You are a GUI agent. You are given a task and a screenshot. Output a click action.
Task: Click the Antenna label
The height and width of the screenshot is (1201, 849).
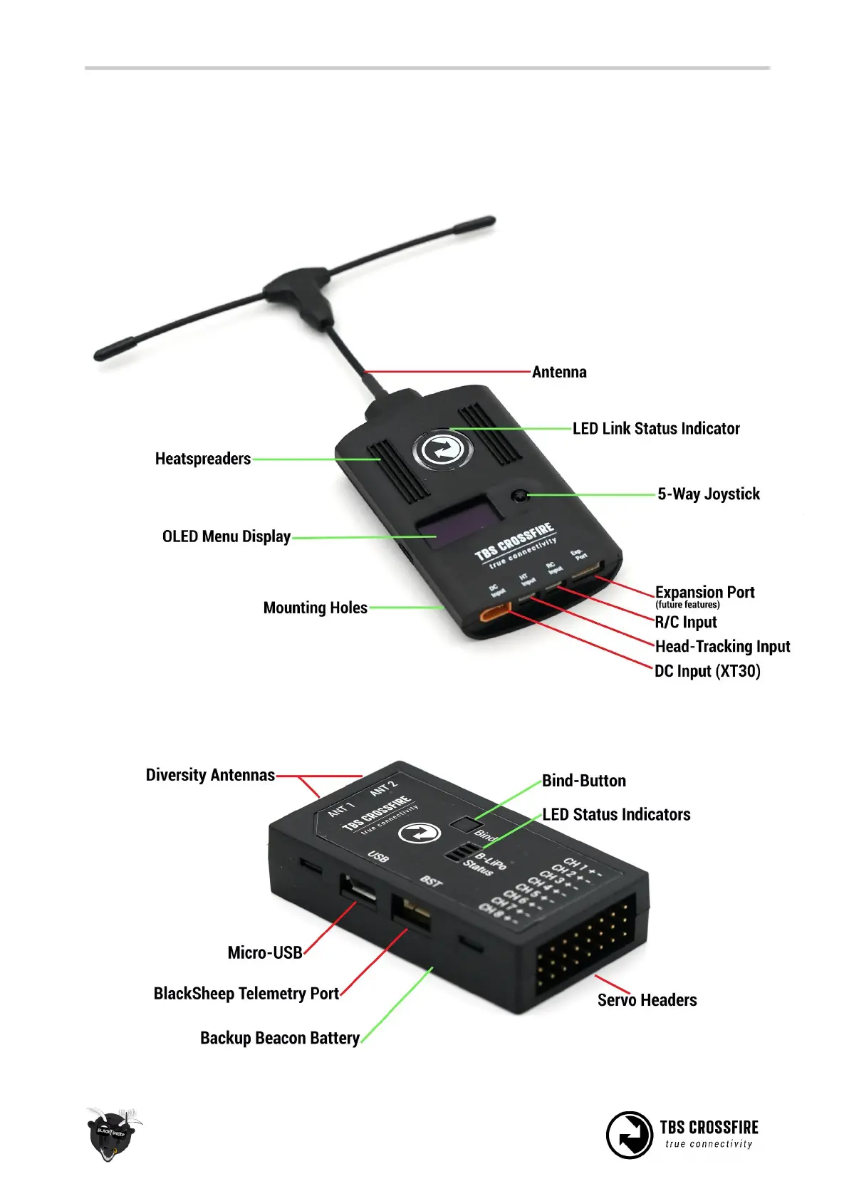point(559,372)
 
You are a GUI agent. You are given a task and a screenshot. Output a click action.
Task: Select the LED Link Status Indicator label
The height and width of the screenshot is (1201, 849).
point(656,428)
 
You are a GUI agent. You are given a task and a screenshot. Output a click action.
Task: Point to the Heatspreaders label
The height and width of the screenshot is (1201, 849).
point(203,459)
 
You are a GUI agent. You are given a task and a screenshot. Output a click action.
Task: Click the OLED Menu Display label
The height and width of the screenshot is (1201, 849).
point(226,536)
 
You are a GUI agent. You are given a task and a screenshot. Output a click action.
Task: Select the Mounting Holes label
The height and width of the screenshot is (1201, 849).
point(316,608)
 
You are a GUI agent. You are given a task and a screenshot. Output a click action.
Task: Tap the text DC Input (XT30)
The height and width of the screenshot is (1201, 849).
point(707,671)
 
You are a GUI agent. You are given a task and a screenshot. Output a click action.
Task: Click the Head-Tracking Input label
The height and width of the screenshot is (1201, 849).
point(722,646)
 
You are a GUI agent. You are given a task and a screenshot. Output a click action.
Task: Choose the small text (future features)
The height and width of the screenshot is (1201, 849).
point(687,605)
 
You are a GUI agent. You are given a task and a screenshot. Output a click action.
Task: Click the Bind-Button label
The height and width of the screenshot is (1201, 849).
point(584,781)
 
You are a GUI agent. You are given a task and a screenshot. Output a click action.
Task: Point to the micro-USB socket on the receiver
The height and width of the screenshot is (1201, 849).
point(360,891)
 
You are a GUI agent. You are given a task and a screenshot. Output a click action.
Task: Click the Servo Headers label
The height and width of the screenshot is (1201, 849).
point(647,1000)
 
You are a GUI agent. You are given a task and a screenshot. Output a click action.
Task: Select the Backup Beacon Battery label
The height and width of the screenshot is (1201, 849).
point(280,1038)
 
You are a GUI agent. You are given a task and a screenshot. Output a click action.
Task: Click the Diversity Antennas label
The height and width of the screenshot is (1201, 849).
point(210,775)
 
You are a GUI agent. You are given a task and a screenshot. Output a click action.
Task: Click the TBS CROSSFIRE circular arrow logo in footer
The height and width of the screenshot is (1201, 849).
point(629,1135)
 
